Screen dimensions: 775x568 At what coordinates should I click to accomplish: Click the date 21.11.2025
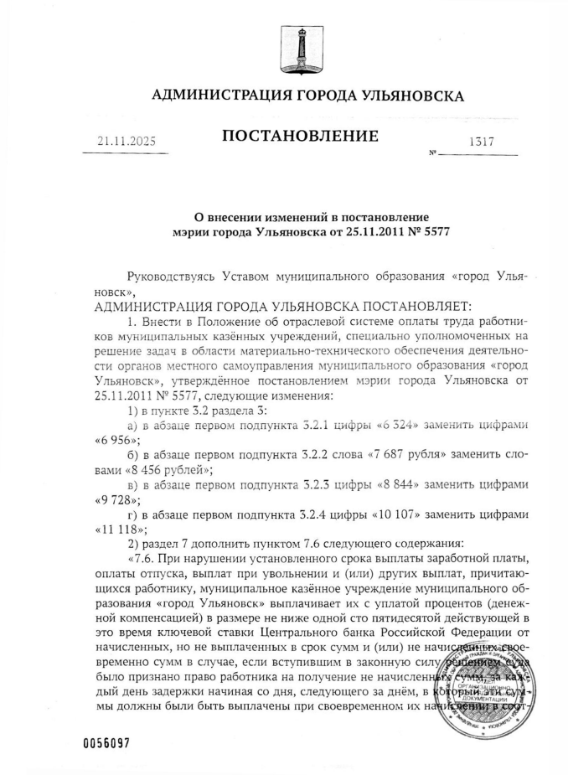[127, 142]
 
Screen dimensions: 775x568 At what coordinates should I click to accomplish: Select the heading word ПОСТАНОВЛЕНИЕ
[300, 136]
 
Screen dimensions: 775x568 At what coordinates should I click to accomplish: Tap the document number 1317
[481, 142]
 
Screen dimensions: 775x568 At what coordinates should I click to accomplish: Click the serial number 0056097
[108, 742]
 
